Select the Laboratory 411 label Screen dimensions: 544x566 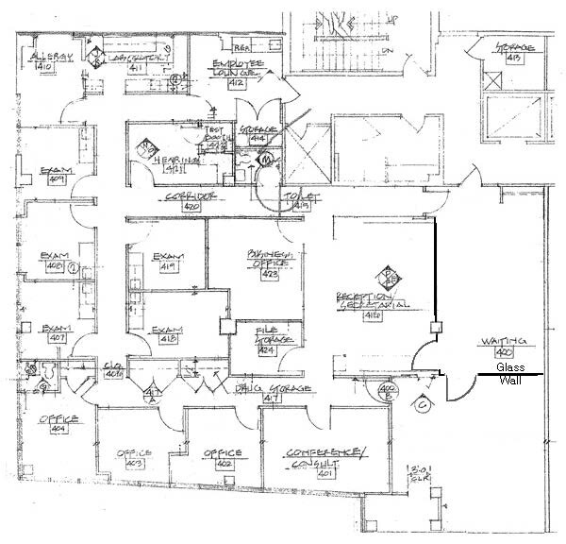pyautogui.click(x=135, y=62)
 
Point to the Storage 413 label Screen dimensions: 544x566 pyautogui.click(x=516, y=52)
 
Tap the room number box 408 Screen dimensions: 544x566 pyautogui.click(x=56, y=267)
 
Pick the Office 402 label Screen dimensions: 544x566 pyautogui.click(x=223, y=458)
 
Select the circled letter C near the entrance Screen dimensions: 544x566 pyautogui.click(x=424, y=403)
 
